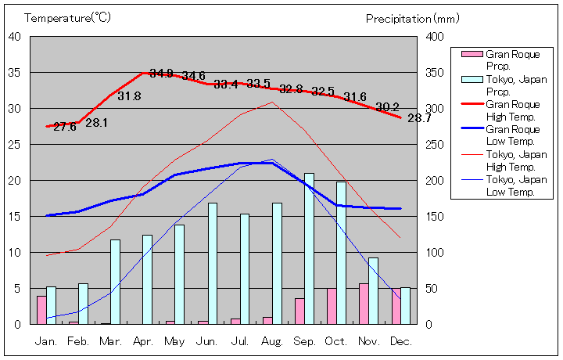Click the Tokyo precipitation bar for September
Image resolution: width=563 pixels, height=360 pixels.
coord(309,249)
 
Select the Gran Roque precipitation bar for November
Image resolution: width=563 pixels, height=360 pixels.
coord(364,304)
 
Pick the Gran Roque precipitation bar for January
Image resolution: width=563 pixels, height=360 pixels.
coord(41,310)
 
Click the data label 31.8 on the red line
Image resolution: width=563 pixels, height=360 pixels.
coord(129,96)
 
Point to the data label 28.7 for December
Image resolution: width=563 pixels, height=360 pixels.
coord(419,118)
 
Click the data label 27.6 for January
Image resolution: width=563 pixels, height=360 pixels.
coord(65,127)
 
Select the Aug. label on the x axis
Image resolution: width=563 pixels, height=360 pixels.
coord(271,341)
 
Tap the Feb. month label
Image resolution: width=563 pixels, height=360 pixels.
coord(78,341)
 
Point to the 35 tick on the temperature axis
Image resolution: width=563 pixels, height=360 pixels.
coord(15,72)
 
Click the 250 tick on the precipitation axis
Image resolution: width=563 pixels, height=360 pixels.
coord(435,145)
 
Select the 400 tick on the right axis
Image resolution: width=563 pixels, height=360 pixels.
coord(435,37)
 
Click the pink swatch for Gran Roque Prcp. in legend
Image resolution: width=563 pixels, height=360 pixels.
coord(472,54)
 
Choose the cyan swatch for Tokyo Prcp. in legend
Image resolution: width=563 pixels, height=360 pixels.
coord(472,79)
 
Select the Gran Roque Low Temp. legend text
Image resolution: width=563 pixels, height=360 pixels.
coord(512,135)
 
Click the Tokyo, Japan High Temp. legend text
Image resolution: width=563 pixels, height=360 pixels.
coord(512,160)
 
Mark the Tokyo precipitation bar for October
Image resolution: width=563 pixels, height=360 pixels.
coord(341,253)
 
